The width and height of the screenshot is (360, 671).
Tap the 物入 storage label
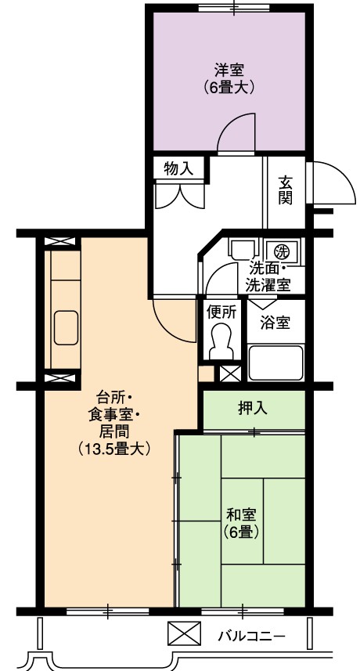pos(178,170)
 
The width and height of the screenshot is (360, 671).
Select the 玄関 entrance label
pos(286,190)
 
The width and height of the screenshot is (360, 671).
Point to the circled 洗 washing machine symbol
pos(280,250)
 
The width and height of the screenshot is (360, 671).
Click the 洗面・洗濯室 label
pos(268,277)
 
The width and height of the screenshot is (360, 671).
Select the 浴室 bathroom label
pos(275,323)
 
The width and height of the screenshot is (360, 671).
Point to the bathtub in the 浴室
pos(275,363)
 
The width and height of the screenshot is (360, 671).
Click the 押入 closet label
pos(253,409)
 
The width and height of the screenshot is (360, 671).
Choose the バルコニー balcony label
pos(251,636)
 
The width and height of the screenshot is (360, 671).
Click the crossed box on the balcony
pos(184,633)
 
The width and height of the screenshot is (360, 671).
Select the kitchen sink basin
pos(66,327)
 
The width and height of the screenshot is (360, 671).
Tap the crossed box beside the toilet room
pos(230,374)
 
